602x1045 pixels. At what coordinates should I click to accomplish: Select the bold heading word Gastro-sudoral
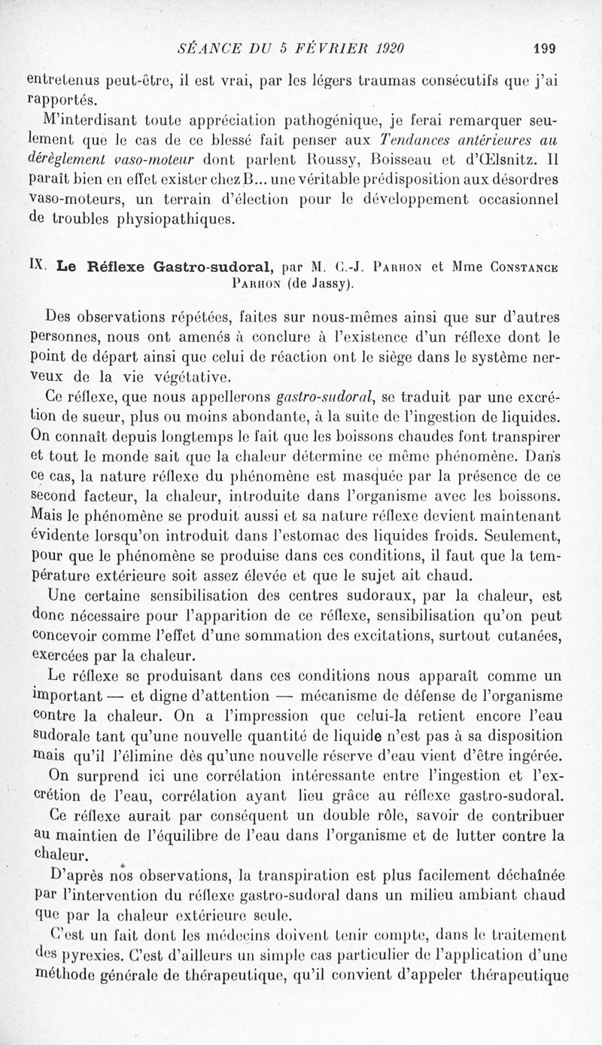(214, 266)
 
